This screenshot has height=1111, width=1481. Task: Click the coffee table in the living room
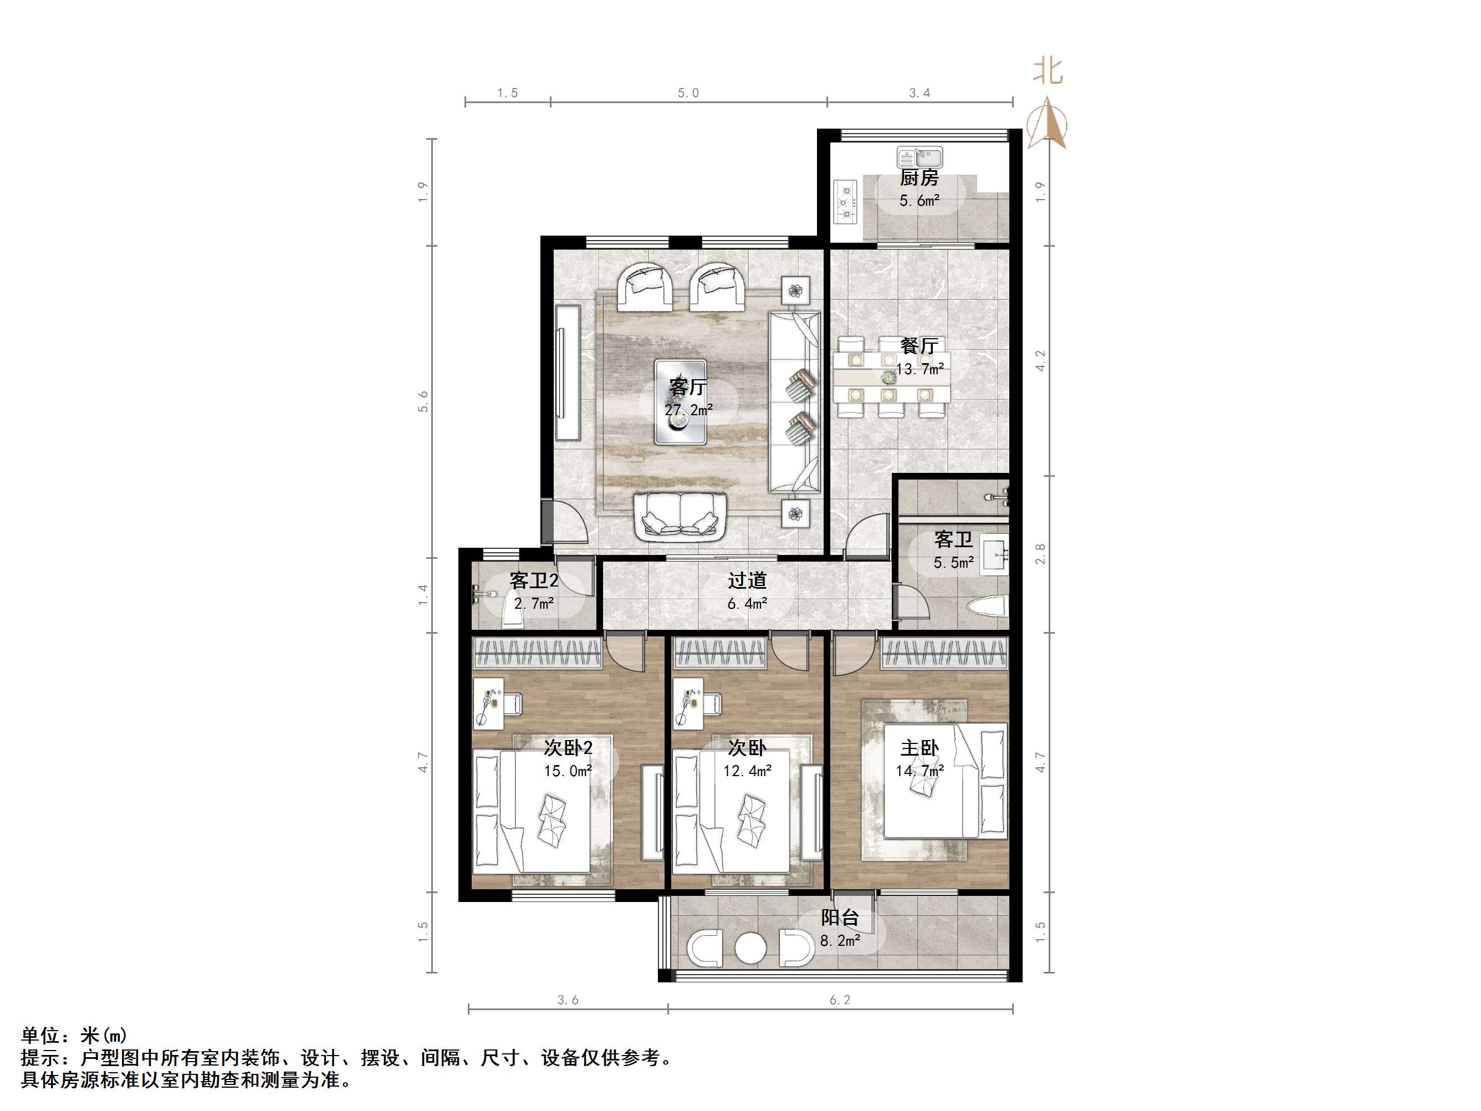680,402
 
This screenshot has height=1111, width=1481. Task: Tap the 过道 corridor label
747,580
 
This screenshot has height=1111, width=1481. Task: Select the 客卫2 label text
534,580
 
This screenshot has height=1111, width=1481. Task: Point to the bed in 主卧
944,781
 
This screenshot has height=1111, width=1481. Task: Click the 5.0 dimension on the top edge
688,93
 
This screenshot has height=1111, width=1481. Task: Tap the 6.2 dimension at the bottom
840,1000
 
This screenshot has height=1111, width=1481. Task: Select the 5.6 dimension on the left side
423,401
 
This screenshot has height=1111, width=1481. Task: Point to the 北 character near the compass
1048,70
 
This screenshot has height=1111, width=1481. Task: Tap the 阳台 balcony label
840,918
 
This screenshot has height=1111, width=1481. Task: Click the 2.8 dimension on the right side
1040,554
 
